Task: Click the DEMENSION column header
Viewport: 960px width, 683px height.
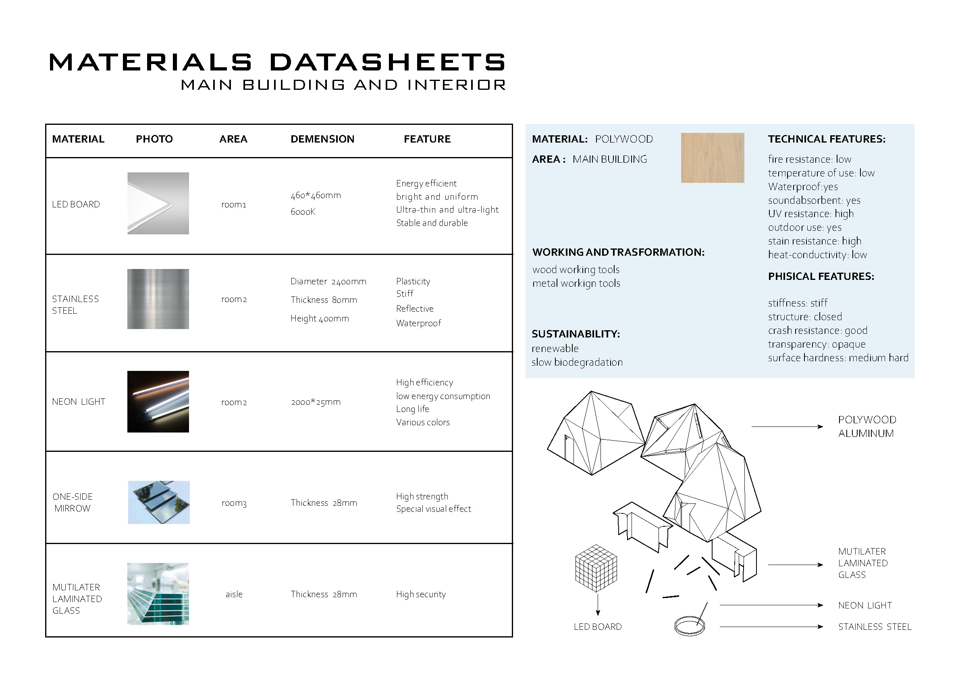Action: tap(322, 139)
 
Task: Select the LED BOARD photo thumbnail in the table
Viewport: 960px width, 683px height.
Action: tap(158, 203)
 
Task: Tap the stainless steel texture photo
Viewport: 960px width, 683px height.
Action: tap(158, 299)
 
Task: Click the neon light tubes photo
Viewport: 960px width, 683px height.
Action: tap(158, 402)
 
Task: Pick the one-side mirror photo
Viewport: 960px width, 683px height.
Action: tap(159, 502)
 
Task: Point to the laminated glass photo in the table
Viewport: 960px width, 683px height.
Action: tap(158, 594)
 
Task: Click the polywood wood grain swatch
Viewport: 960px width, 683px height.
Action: tap(712, 158)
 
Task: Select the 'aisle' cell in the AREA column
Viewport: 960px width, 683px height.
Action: tap(234, 594)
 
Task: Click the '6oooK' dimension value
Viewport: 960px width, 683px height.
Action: tap(303, 212)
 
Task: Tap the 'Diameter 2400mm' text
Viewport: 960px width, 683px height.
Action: tap(328, 281)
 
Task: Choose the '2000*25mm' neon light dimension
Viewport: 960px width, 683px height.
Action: tap(316, 402)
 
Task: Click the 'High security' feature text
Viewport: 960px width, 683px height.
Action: tap(420, 594)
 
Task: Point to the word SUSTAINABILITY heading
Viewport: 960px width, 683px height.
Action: tap(576, 334)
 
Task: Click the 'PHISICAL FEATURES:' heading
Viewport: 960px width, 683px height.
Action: tap(821, 276)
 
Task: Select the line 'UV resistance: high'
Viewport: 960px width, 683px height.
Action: tap(810, 214)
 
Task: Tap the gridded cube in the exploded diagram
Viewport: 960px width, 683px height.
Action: tap(596, 568)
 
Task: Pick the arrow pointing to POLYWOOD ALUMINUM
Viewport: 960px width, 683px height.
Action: tap(787, 426)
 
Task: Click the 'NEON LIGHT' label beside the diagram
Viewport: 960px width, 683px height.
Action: tap(864, 605)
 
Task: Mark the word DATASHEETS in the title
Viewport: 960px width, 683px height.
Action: tap(387, 62)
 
